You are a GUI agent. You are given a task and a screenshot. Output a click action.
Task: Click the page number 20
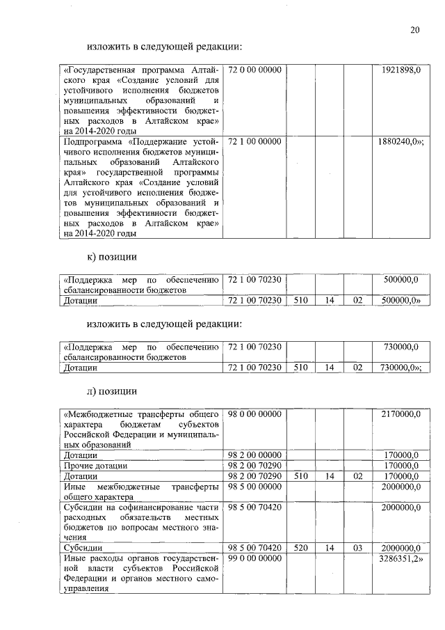414,29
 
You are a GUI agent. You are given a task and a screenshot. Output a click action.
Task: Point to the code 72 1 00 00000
254,141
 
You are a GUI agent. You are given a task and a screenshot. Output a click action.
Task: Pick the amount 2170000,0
401,414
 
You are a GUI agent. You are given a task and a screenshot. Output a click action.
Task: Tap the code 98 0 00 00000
254,414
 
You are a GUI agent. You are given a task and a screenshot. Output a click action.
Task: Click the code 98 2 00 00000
254,455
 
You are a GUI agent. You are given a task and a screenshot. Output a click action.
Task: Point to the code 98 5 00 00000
254,487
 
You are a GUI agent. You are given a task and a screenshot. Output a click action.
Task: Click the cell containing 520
300,549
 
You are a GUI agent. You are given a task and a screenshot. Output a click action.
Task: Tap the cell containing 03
358,549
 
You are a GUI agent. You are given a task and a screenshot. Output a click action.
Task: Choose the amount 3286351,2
401,559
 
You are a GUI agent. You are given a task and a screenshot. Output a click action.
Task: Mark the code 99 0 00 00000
254,559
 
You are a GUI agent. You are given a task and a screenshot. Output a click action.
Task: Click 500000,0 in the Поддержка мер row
401,280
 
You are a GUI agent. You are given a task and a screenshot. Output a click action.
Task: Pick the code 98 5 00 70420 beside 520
254,549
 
